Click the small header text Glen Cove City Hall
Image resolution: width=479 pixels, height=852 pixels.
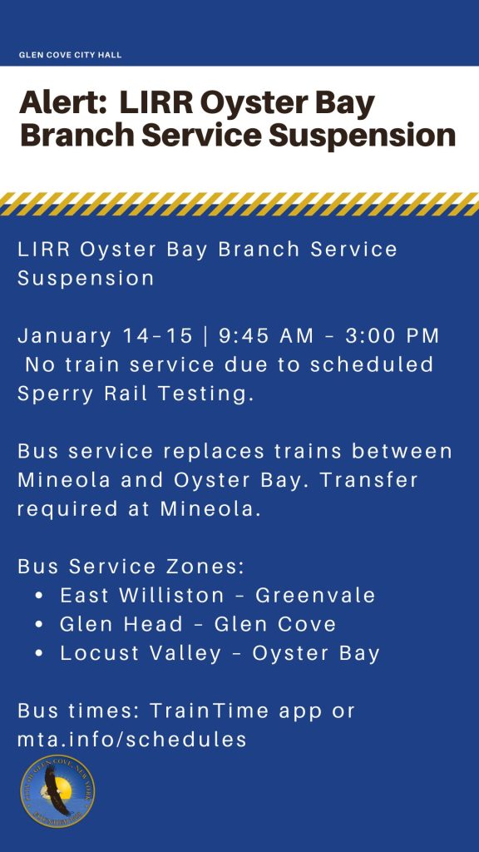point(70,55)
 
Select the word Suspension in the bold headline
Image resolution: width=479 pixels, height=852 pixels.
point(363,136)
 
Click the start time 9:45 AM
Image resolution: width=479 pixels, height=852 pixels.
point(266,336)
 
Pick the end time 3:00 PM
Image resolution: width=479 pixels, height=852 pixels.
point(393,336)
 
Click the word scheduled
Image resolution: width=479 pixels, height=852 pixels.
point(372,364)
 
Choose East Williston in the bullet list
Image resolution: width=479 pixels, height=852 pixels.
point(141,596)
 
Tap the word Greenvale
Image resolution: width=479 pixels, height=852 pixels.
point(315,596)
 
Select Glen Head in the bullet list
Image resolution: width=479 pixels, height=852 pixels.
point(121,624)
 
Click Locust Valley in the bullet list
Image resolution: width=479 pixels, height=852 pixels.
point(141,654)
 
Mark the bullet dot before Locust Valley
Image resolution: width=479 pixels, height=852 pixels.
point(38,654)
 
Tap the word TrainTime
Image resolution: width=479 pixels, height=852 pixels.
point(209,711)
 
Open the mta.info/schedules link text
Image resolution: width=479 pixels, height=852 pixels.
point(132,740)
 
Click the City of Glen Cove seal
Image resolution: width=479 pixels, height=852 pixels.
point(57,791)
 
